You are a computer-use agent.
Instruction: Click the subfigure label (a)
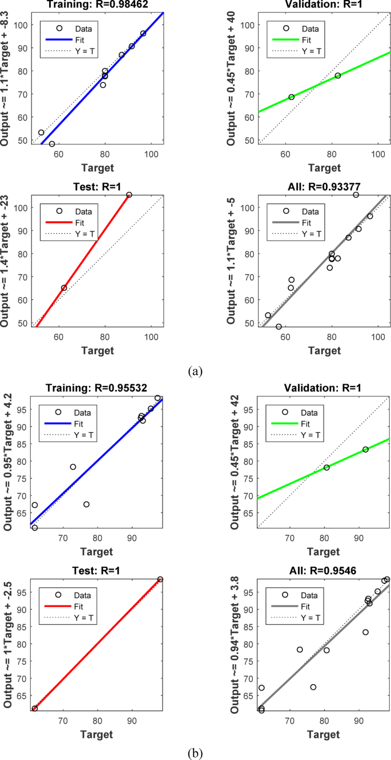[x=195, y=372]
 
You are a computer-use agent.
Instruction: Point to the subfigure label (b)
[x=195, y=753]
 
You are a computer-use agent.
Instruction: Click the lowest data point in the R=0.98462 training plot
[x=52, y=144]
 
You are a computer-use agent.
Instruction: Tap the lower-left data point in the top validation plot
[x=292, y=97]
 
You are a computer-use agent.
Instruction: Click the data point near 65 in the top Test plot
[x=64, y=288]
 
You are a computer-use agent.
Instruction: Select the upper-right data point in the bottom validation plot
[x=365, y=449]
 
